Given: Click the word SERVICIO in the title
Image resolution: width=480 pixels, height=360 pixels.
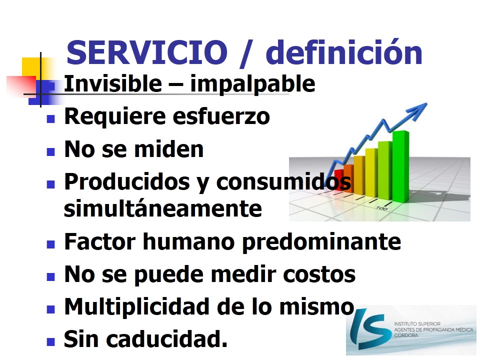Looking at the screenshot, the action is [147, 52].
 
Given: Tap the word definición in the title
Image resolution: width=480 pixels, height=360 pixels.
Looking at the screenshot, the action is [344, 52].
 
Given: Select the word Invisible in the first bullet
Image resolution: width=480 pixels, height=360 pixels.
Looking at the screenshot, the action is [113, 83].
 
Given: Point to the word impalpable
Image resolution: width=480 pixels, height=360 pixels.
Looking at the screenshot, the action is [252, 84].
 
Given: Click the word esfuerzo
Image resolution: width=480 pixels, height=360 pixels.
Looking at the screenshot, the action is [221, 116].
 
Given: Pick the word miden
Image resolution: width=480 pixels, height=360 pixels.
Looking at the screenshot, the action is [169, 149].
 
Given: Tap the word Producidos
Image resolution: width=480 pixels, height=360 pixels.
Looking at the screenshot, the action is [127, 182].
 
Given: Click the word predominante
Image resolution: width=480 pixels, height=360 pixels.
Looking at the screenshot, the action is [321, 242].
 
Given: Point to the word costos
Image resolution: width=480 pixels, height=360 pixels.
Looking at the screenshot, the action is [319, 274].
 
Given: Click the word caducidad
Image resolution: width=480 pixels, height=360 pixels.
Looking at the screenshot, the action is [167, 339].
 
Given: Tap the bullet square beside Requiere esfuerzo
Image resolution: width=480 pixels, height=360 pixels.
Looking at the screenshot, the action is [51, 119].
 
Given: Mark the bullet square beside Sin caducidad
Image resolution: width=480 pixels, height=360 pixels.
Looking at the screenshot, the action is [51, 341].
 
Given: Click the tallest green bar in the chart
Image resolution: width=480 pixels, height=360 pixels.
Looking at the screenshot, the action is [400, 166].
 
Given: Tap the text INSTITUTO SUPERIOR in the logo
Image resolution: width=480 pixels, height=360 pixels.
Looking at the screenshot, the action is [417, 323].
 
